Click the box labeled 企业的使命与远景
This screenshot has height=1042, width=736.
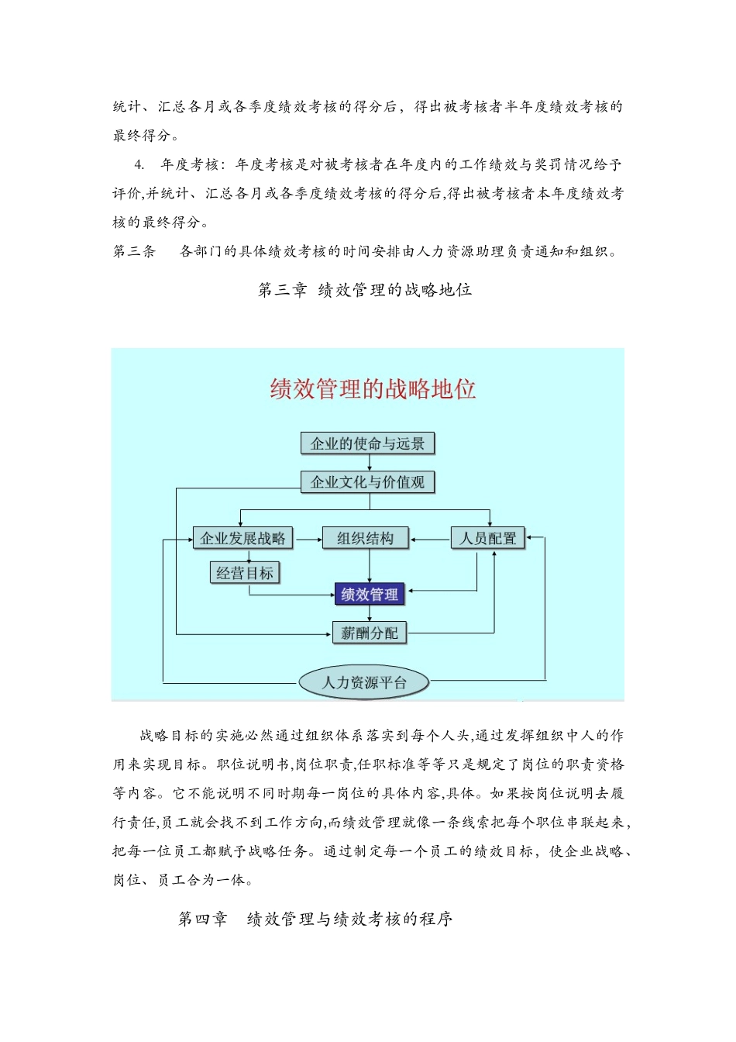click(367, 443)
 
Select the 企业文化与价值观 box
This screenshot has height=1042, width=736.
click(367, 482)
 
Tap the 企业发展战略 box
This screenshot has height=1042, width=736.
click(242, 538)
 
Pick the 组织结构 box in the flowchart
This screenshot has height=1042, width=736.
click(365, 538)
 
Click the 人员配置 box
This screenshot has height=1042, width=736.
click(488, 538)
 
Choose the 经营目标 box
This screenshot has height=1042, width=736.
click(245, 573)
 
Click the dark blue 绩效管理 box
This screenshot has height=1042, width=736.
click(370, 595)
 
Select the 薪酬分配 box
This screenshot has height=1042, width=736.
click(370, 633)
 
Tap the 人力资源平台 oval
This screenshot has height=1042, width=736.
click(364, 682)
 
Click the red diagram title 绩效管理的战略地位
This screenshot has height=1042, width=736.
click(373, 388)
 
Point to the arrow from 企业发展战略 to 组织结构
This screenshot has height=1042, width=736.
click(308, 538)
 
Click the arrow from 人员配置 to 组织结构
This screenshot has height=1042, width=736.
click(430, 538)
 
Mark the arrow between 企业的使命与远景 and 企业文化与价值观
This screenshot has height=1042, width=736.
click(369, 463)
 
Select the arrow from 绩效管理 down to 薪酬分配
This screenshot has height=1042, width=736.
click(370, 614)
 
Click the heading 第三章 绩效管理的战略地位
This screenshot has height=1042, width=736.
click(365, 290)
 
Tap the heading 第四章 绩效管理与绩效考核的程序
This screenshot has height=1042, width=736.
click(315, 919)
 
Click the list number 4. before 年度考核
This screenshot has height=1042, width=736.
click(139, 164)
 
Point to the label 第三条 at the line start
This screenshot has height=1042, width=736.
click(134, 251)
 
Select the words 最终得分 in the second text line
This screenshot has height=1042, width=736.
click(142, 136)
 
